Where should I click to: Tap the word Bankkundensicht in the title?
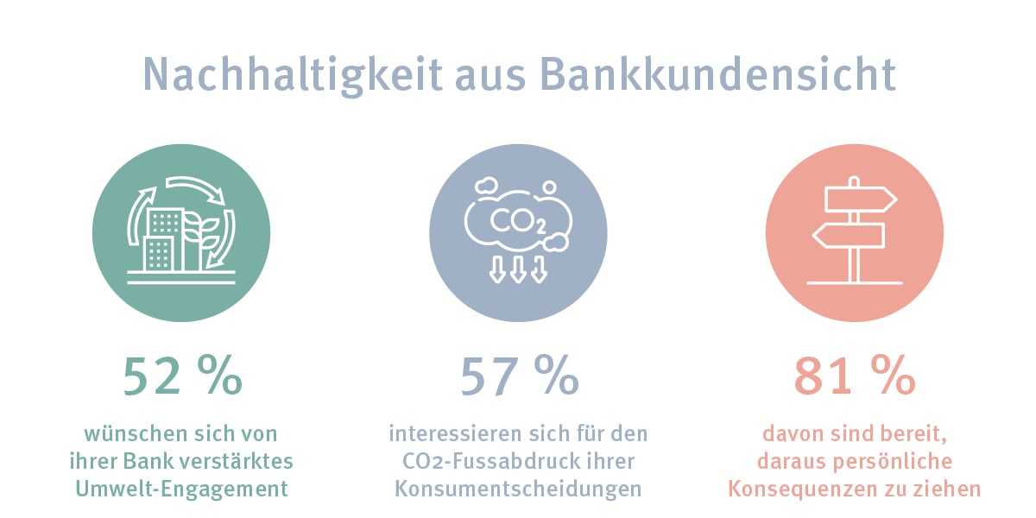[717, 74]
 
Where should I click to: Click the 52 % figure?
[182, 376]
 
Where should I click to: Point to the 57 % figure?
[519, 376]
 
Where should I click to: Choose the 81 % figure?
[855, 376]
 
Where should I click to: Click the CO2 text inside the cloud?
[518, 222]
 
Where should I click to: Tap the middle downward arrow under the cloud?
[518, 269]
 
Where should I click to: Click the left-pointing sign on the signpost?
[849, 236]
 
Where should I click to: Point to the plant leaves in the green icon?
[200, 231]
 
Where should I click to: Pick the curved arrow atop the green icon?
[196, 189]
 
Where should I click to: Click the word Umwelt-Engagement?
[182, 489]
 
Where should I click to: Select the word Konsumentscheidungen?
[518, 489]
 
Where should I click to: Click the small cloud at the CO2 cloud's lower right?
[555, 243]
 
